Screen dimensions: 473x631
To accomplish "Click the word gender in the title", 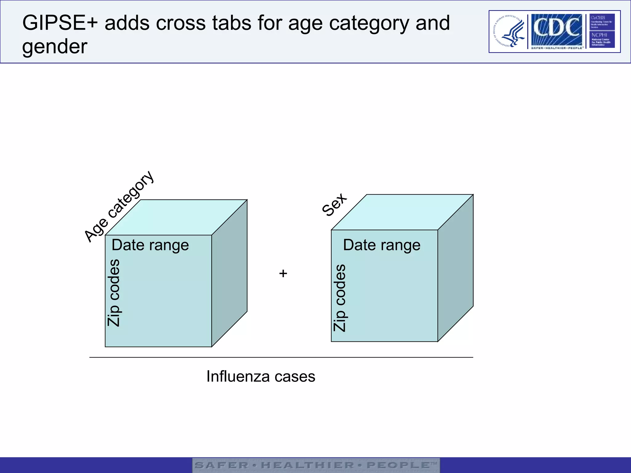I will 55,47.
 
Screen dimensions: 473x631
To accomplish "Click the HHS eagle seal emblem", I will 508,31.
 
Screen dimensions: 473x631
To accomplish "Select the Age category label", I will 119,207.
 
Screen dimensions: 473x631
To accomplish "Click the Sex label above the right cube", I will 334,204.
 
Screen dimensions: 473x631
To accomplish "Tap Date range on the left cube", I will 150,245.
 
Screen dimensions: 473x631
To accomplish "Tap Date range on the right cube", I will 382,245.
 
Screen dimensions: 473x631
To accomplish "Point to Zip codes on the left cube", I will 114,293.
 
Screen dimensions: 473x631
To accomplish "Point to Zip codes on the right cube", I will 340,298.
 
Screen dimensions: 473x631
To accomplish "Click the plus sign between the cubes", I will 283,273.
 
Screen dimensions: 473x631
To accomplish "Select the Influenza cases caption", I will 261,376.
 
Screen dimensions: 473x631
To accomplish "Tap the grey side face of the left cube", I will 230,274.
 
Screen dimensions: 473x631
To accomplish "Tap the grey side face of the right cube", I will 455,268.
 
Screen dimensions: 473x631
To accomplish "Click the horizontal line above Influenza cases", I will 281,358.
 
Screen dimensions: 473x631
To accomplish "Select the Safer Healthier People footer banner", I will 316,465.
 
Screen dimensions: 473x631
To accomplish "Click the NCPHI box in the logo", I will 602,39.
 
